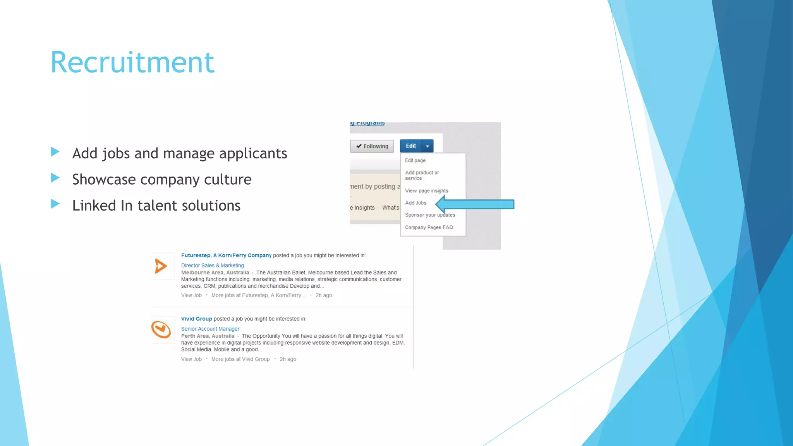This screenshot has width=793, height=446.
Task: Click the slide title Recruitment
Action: point(132,63)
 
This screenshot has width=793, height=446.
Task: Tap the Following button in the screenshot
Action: point(372,146)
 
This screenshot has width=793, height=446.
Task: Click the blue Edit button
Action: point(411,146)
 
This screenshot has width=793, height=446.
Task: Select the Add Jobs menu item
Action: point(415,203)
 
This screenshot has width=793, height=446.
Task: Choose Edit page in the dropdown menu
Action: point(415,160)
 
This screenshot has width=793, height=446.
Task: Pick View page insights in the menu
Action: point(426,191)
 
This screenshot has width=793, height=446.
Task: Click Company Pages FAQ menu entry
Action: point(429,228)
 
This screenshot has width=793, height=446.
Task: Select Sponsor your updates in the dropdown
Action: point(430,215)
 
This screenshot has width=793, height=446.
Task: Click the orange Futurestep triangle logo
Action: point(161,266)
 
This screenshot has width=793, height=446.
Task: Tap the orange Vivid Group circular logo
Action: point(161,329)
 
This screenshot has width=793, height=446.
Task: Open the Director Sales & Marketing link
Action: point(213,266)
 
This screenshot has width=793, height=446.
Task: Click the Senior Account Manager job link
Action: point(210,329)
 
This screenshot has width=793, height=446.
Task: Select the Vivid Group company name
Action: point(196,319)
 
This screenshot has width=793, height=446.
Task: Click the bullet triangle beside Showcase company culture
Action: point(55,178)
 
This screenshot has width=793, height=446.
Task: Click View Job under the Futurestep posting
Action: point(191,295)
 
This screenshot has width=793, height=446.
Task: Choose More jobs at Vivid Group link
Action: point(240,359)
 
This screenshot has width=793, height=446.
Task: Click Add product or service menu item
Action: point(422,175)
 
